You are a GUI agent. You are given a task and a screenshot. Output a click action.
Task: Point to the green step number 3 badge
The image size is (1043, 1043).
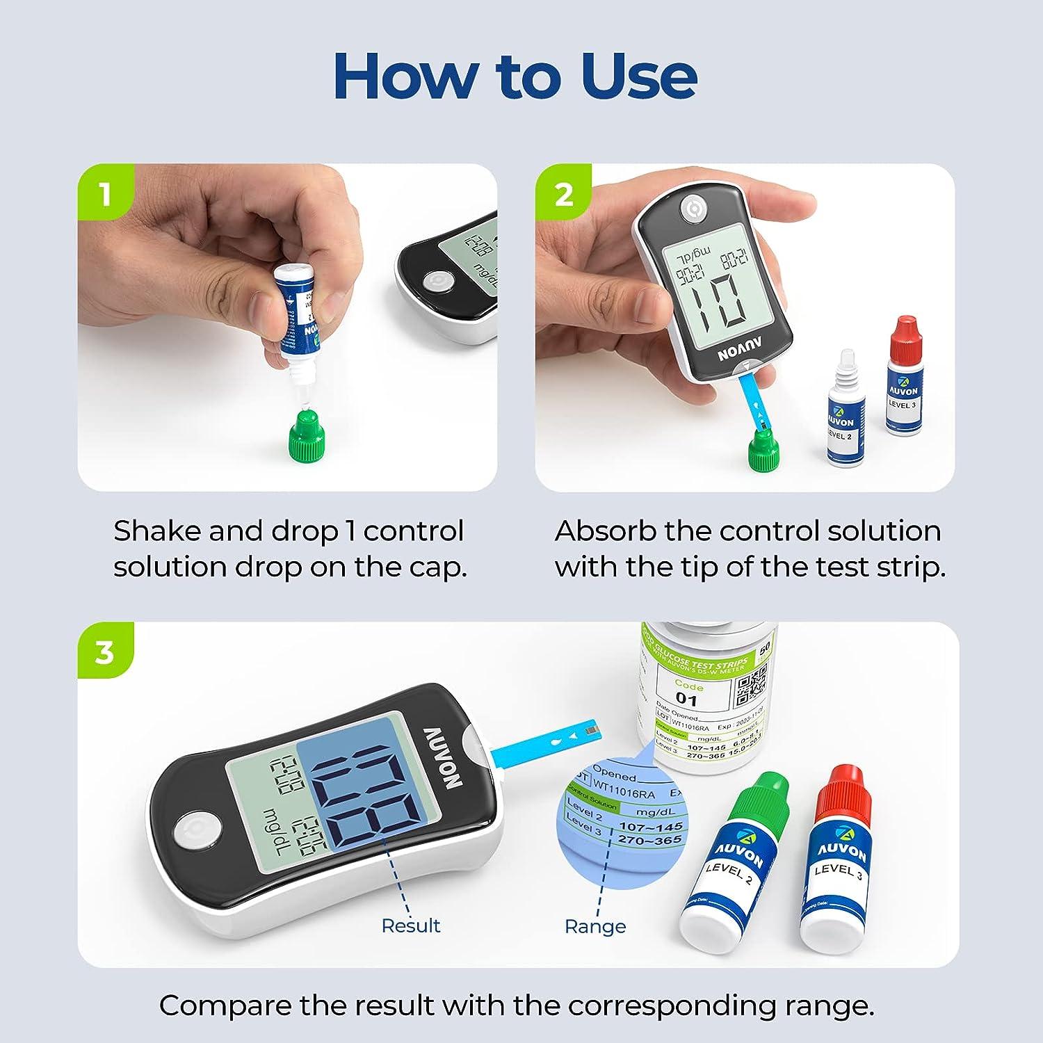pos(104,652)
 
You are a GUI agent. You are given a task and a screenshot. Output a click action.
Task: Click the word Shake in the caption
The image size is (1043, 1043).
pos(157,532)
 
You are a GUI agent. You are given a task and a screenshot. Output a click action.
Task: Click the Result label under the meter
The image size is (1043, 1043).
pos(411,926)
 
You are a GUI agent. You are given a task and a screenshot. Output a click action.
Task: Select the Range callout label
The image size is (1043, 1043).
pos(595,927)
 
